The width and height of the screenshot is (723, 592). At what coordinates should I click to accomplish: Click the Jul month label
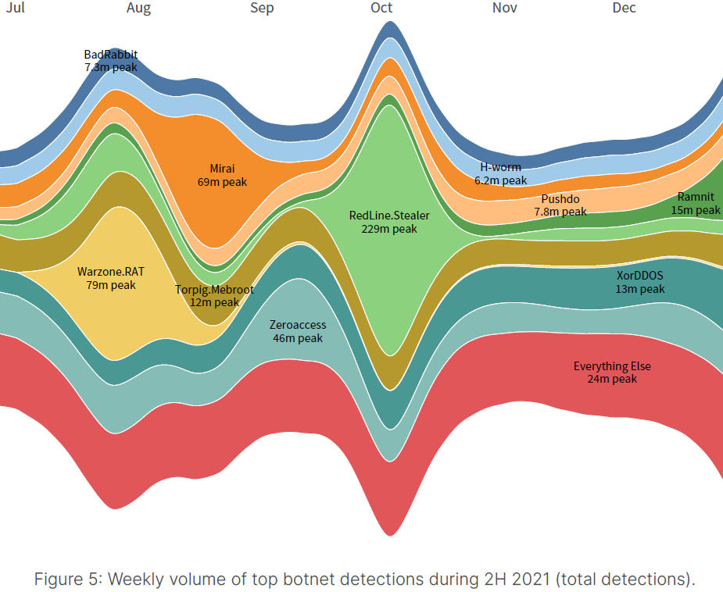14,8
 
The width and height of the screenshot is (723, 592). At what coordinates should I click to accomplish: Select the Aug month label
138,8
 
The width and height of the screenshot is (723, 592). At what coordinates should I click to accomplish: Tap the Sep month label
262,8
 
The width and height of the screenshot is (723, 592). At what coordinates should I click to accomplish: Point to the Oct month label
381,8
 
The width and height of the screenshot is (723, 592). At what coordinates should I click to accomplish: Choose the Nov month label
504,8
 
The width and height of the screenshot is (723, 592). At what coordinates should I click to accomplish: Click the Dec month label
624,8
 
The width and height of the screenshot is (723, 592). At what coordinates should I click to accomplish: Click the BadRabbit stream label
111,55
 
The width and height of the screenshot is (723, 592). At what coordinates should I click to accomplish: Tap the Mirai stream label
222,168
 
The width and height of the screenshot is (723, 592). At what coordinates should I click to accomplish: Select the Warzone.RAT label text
111,272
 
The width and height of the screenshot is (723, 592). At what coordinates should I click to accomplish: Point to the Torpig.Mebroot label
214,289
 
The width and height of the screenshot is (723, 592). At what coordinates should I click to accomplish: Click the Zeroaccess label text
298,325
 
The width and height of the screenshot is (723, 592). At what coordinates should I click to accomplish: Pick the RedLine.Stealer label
389,216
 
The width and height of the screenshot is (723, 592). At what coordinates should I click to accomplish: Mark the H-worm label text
500,167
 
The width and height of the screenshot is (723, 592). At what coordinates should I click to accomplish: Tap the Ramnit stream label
695,197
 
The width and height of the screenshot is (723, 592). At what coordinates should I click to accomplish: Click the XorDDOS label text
639,276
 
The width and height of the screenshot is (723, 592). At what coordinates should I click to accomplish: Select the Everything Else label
612,366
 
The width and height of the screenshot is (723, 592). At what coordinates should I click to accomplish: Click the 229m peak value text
389,229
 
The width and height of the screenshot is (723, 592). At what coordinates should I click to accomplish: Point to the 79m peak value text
111,285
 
